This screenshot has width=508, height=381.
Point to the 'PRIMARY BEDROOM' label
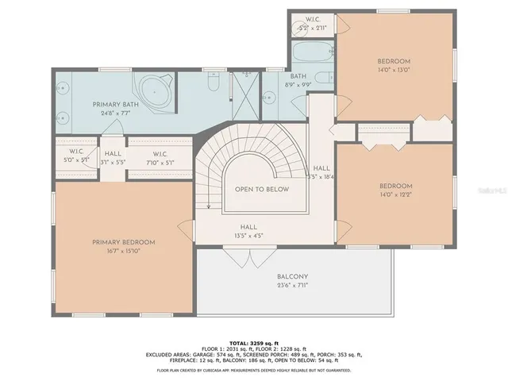pyautogui.click(x=123, y=242)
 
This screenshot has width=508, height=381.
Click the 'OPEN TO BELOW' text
pyautogui.click(x=261, y=190)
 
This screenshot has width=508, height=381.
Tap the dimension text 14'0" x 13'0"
pyautogui.click(x=394, y=71)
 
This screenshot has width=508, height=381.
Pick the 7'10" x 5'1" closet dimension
pyautogui.click(x=159, y=163)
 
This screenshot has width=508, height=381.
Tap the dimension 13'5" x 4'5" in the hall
pyautogui.click(x=249, y=236)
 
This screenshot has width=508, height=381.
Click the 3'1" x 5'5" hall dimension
pyautogui.click(x=114, y=163)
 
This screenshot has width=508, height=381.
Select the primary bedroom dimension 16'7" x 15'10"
pyautogui.click(x=123, y=252)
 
